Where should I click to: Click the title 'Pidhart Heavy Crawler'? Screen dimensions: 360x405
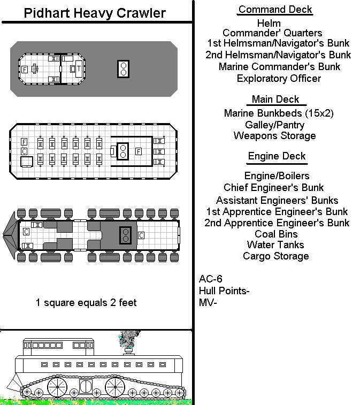95,13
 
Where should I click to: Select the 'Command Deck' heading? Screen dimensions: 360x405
275,10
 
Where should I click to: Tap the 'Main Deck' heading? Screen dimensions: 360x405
275,99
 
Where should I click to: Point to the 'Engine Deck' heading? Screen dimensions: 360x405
277,156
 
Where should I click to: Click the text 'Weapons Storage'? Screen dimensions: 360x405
274,135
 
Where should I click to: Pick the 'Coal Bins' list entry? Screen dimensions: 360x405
276,234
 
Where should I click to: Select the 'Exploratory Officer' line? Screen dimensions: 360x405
279,78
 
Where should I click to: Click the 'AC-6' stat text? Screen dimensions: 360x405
210,279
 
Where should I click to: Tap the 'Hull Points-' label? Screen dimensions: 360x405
224,291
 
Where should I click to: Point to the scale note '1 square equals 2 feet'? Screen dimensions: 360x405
86,302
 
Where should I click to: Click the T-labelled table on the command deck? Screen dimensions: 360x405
79,68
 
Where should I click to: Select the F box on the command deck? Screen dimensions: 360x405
25,70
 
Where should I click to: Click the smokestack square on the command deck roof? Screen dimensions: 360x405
123,69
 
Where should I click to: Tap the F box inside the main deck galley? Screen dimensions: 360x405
139,151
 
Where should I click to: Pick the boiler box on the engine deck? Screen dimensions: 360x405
126,235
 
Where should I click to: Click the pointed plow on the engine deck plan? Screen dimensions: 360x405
10,235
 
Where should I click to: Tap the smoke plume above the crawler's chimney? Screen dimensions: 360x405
129,339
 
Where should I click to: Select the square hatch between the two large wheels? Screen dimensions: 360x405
86,386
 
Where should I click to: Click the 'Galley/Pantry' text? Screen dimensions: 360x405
274,125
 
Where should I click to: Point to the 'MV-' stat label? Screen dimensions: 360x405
208,302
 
